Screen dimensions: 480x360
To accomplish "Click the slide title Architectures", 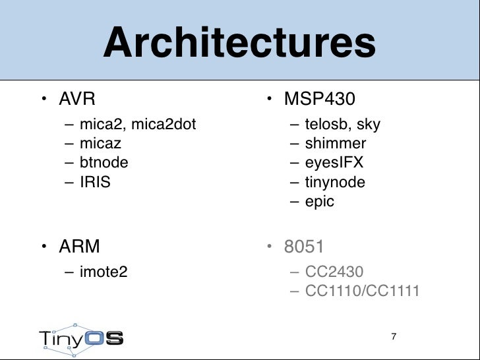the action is pyautogui.click(x=239, y=43).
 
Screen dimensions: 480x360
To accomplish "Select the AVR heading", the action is pyautogui.click(x=77, y=100).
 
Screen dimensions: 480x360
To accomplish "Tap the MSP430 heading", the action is pyautogui.click(x=319, y=100).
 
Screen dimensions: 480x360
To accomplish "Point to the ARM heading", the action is pyautogui.click(x=79, y=247).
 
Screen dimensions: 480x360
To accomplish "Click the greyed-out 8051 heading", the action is pyautogui.click(x=303, y=247).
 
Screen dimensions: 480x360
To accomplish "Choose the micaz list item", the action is pyautogui.click(x=100, y=143).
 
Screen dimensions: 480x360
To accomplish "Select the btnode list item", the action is pyautogui.click(x=104, y=162).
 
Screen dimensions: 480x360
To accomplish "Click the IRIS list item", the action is pyautogui.click(x=95, y=182).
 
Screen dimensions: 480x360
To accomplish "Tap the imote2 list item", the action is pyautogui.click(x=103, y=271).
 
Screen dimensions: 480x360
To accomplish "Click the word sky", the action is pyautogui.click(x=369, y=124).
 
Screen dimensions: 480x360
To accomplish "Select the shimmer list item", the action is pyautogui.click(x=336, y=143).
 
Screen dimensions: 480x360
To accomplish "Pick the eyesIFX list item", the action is pyautogui.click(x=334, y=162).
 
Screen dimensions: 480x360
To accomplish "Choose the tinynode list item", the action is pyautogui.click(x=335, y=182).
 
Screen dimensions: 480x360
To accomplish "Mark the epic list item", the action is pyautogui.click(x=320, y=201).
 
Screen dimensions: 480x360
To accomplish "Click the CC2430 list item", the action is pyautogui.click(x=335, y=271).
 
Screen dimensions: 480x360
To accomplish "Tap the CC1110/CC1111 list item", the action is pyautogui.click(x=362, y=290).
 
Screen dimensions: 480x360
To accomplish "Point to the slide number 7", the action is pyautogui.click(x=394, y=337).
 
